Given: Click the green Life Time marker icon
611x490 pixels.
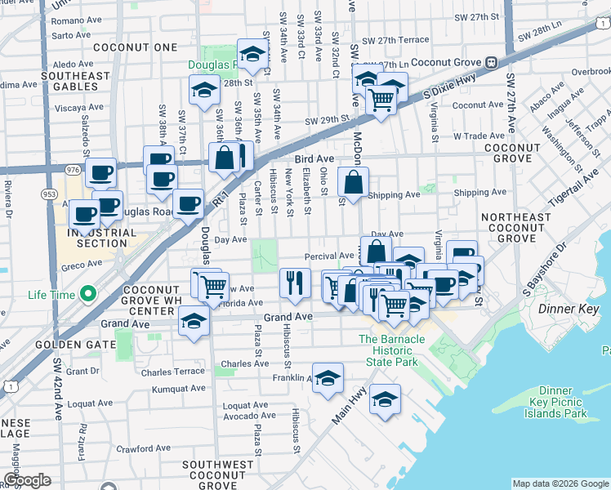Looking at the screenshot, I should coord(87,295).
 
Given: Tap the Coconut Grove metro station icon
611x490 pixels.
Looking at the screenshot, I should coord(491,62).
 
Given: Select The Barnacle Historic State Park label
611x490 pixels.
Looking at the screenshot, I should coord(388,350).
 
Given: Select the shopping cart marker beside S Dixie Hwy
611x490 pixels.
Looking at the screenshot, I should coord(381,100).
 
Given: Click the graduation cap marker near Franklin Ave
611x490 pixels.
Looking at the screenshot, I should coord(328,378).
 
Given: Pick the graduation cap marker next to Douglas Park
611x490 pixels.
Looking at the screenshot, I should coord(253,55).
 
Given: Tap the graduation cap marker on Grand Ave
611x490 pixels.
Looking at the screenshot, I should coord(194,320).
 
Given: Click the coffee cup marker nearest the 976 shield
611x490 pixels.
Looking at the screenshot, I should coord(100,173).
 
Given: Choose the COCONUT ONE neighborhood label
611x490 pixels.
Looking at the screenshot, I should coord(135,47).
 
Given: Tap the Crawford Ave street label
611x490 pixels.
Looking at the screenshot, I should coord(143,448).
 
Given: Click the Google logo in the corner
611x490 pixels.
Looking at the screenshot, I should coord(28,480).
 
